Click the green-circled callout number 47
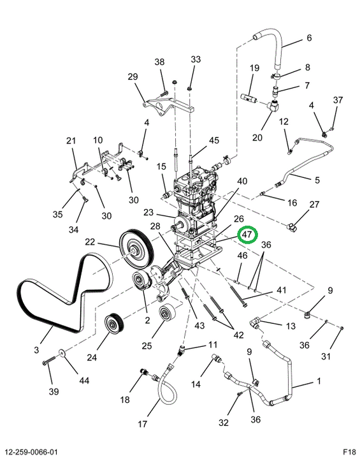click(247, 234)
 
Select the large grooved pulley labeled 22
click(136, 249)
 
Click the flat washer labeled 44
click(62, 352)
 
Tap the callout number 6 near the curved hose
click(309, 38)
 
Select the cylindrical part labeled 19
click(248, 97)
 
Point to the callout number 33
click(196, 59)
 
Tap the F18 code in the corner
click(349, 451)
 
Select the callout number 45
click(213, 140)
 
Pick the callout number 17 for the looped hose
click(142, 423)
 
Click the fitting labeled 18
click(144, 372)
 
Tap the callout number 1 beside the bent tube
click(319, 381)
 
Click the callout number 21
click(71, 140)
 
